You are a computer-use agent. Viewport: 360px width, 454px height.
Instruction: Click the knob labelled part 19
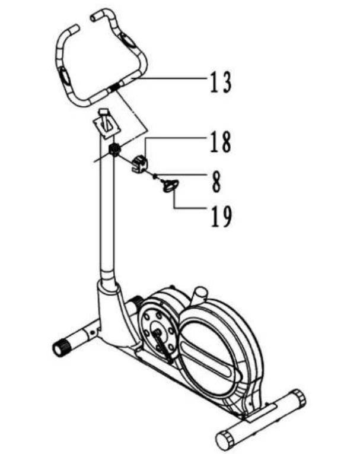(169, 186)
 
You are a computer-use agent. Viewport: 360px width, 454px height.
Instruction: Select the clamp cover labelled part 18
(139, 163)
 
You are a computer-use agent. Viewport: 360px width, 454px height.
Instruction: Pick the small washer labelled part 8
(154, 175)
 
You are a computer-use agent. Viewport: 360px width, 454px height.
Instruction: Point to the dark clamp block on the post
(115, 149)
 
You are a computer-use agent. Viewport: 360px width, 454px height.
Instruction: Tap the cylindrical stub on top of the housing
(200, 293)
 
